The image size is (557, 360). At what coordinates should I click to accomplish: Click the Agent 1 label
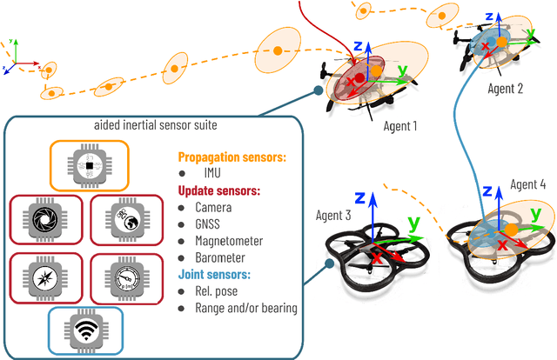(x=400, y=126)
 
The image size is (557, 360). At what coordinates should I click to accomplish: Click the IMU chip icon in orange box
(x=88, y=165)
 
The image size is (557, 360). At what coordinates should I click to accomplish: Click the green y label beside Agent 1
(x=402, y=69)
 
